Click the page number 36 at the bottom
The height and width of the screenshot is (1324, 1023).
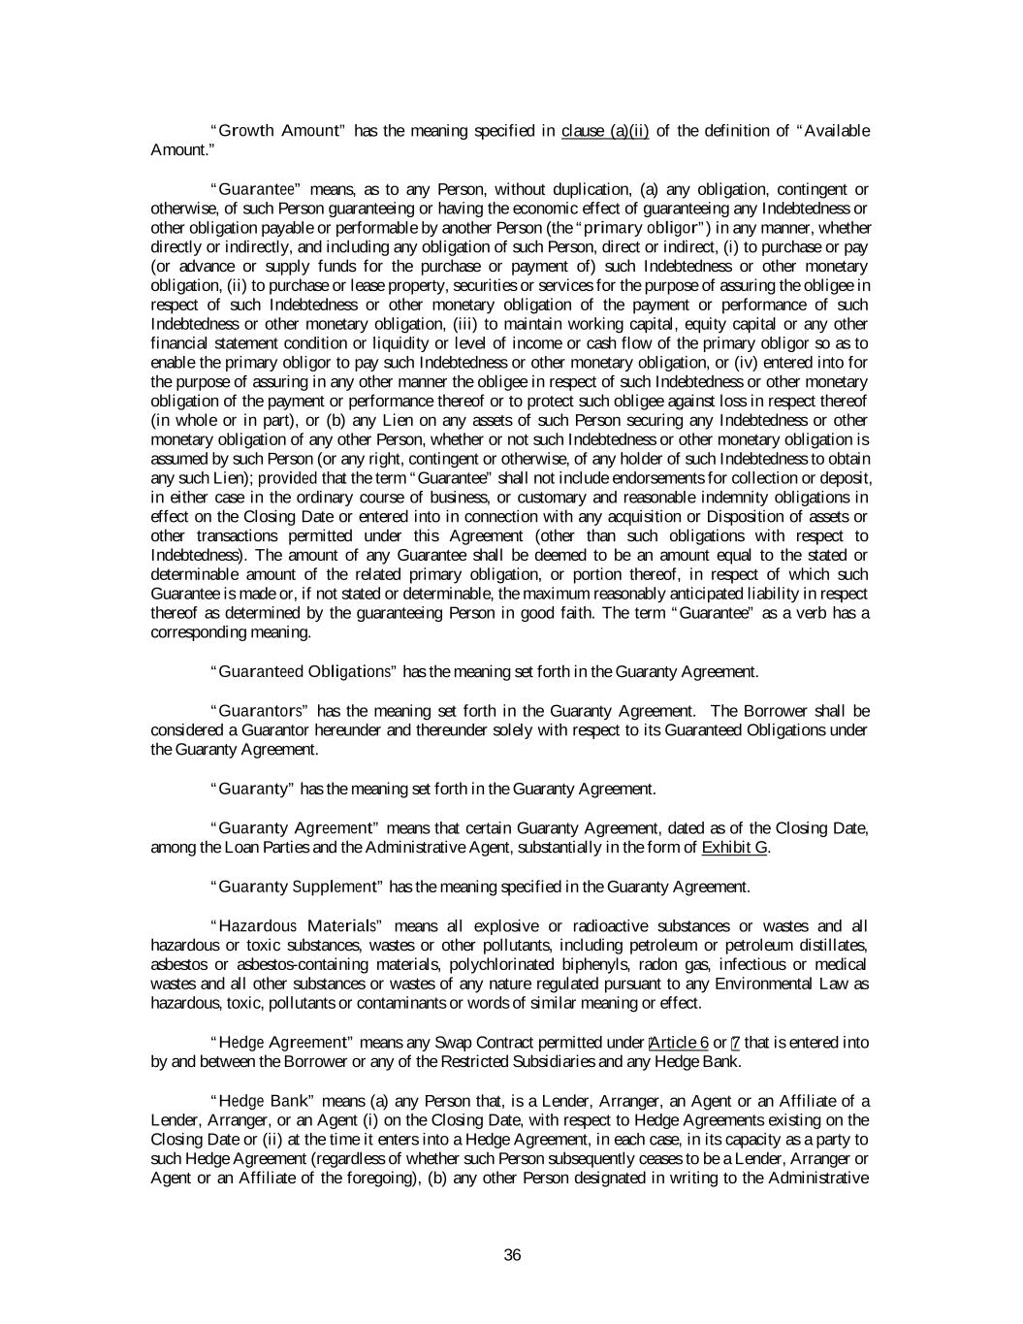click(x=513, y=1255)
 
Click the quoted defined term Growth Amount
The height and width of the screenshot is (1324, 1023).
click(x=282, y=131)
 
